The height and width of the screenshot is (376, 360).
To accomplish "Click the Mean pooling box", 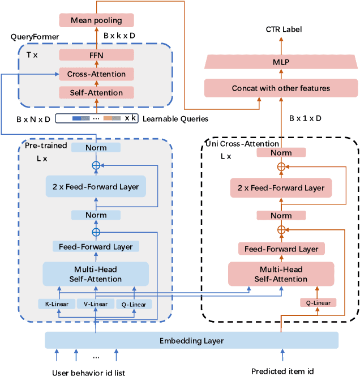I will pos(96,21).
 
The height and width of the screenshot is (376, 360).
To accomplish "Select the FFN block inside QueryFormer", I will pos(96,55).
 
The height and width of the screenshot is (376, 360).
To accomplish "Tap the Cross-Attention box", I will pos(96,74).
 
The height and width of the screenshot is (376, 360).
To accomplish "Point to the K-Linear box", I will pos(57,304).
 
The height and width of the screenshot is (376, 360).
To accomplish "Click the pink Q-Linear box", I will pos(318,302).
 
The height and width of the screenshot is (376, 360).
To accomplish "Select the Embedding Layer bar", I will pos(191,340).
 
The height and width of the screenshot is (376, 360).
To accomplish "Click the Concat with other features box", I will pos(281,88).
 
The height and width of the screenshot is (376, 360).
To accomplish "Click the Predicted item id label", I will pos(281,371).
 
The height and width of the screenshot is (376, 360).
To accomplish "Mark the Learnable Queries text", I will pos(175,119).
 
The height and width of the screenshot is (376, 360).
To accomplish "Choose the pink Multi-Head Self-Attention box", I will pos(281,275).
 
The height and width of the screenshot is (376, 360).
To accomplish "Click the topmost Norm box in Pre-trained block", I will pos(96,148).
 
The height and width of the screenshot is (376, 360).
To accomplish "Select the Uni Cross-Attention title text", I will pos(242,144).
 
